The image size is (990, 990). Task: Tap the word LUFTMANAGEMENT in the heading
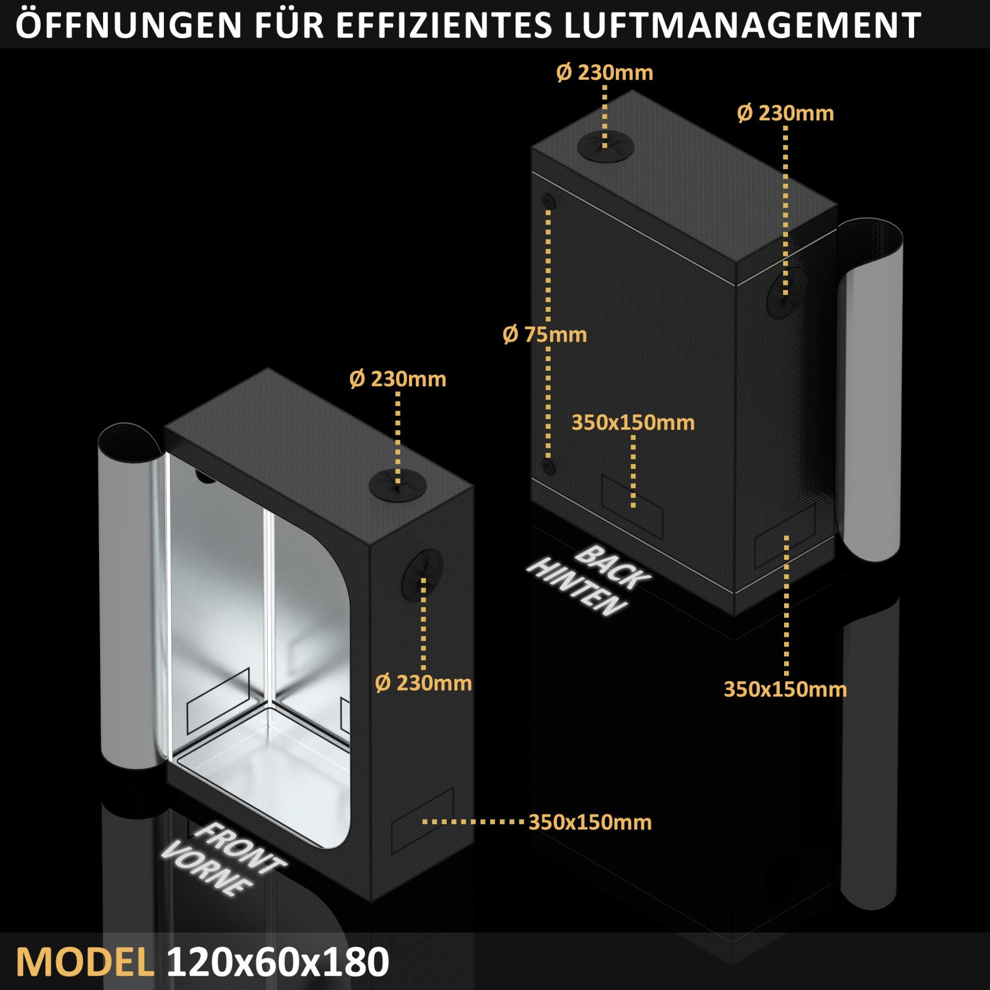click(741, 25)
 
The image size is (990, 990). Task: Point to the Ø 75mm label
click(544, 335)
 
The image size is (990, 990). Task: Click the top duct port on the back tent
click(605, 147)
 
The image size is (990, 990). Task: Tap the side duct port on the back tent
click(787, 292)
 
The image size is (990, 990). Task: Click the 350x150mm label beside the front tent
click(590, 822)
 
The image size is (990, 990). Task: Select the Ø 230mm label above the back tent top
click(605, 73)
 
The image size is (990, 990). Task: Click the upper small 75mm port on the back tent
click(549, 201)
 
